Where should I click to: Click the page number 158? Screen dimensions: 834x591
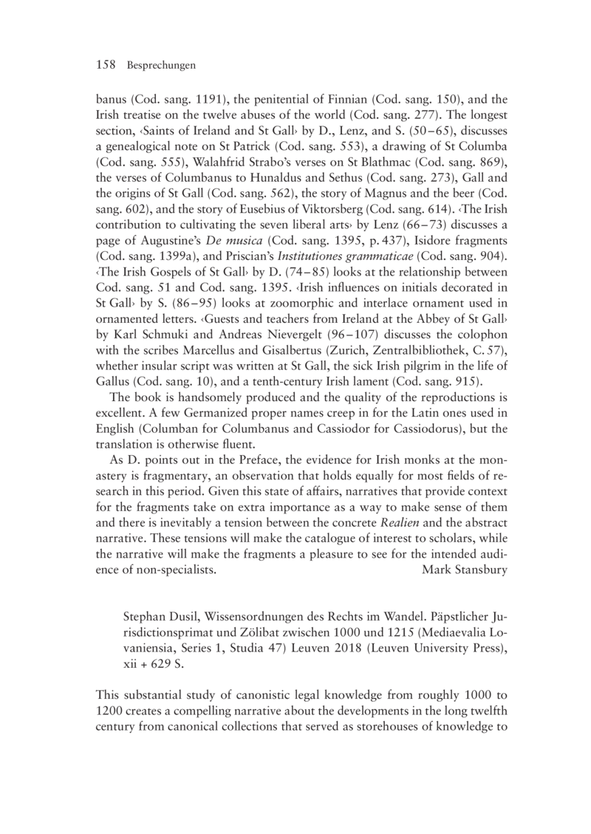106,66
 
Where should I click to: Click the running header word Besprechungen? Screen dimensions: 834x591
160,66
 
